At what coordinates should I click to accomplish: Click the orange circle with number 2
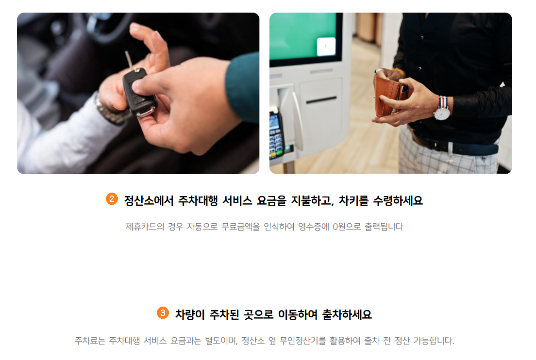coord(112,199)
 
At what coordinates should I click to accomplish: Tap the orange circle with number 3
coord(163,312)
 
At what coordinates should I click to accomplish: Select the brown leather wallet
coord(388,96)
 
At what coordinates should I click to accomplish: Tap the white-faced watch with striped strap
coord(442,109)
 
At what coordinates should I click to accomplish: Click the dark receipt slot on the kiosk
coord(321,100)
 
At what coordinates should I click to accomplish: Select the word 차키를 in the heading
coord(353,200)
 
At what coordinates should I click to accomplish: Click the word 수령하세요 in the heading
coord(398,200)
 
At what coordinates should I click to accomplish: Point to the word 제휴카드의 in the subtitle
coord(145,227)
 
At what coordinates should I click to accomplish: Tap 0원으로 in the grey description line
coord(347,227)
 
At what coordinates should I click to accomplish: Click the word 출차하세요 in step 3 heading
coord(347,314)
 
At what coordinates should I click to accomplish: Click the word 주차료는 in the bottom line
coord(90,341)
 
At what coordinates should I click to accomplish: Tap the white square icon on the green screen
coord(326,47)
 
